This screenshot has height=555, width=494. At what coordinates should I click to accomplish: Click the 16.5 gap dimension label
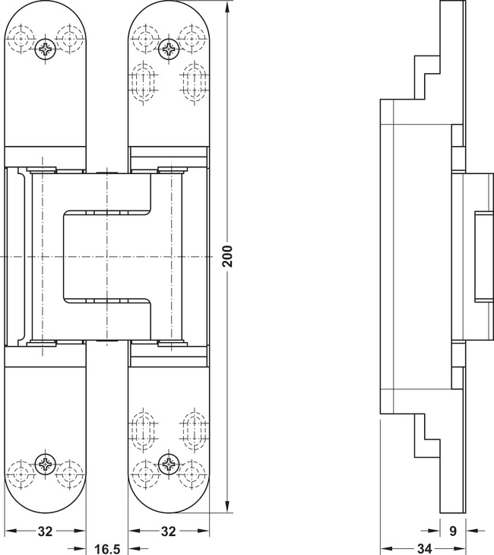[108, 549]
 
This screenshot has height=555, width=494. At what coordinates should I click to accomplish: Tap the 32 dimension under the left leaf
[45, 531]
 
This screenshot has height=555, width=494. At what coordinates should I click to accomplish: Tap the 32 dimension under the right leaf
[169, 531]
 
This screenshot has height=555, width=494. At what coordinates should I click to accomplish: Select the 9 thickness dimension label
[453, 531]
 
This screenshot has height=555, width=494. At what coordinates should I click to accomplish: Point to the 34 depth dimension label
[424, 549]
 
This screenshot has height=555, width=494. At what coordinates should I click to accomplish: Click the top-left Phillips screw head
[46, 49]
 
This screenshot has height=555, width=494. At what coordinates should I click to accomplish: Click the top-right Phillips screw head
[169, 49]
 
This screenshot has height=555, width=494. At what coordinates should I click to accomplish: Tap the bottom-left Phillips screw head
[46, 463]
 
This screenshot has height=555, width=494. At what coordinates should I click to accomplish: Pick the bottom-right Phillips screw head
[169, 463]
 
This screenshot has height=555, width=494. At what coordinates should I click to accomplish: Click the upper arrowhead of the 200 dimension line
[227, 6]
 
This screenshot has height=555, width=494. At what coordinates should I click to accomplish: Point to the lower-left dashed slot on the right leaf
[144, 430]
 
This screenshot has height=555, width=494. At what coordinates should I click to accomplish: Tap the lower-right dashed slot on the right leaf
[194, 430]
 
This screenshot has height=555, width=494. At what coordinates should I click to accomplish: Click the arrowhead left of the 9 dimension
[434, 531]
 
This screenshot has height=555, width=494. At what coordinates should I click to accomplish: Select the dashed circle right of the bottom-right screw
[193, 474]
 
